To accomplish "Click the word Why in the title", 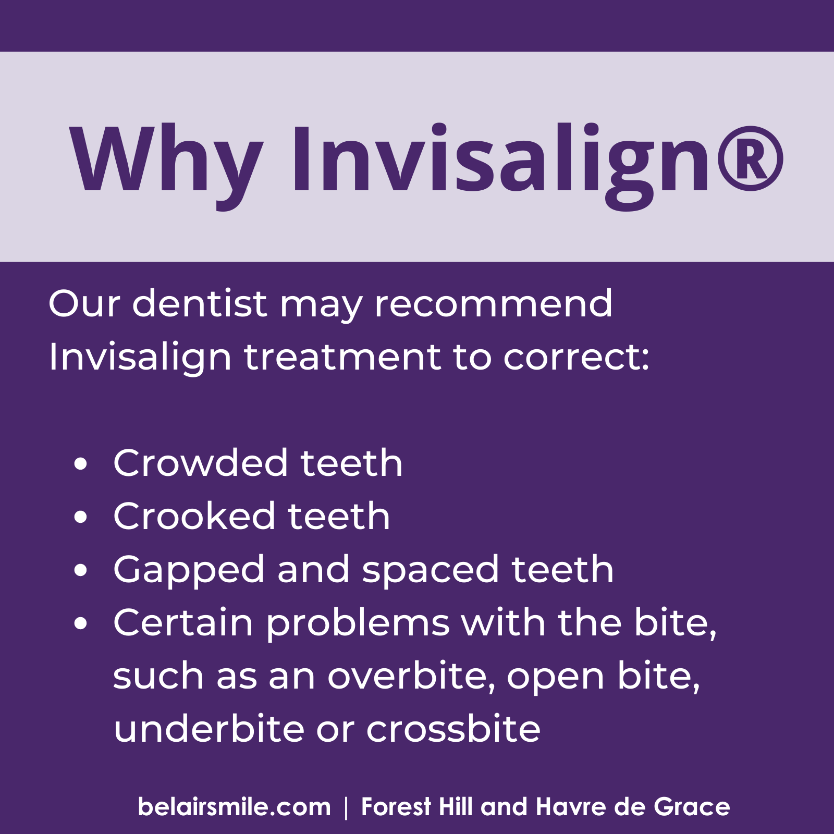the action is click(166, 159).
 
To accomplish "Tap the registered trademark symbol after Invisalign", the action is click(751, 159).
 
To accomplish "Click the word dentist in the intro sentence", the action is click(200, 303).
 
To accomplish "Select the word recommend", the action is click(493, 303).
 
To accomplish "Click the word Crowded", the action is click(200, 462).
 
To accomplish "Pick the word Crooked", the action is click(194, 516).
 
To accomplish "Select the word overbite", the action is click(411, 676).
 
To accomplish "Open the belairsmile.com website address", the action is click(234, 806).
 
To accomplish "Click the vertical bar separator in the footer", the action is click(346, 807).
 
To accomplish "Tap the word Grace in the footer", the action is click(692, 806).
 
